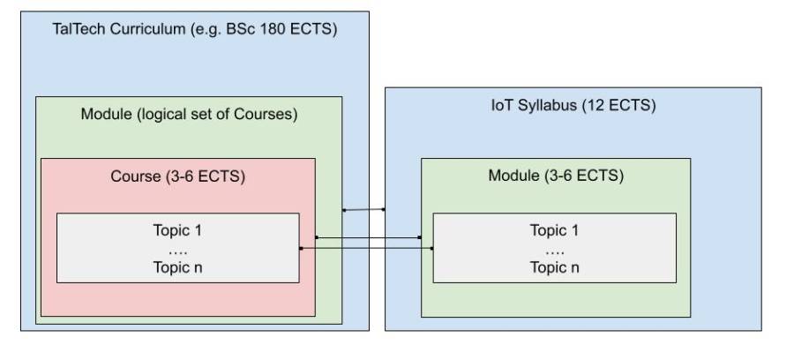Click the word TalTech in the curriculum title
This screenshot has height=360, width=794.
click(x=78, y=29)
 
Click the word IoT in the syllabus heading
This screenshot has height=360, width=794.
click(x=500, y=106)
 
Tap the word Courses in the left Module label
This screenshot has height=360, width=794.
click(x=263, y=115)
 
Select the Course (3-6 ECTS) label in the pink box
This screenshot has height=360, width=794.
click(x=177, y=176)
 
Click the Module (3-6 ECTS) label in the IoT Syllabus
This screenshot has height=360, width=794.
click(x=556, y=176)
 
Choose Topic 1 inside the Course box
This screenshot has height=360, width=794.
click(x=177, y=231)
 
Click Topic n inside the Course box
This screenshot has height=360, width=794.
click(x=177, y=266)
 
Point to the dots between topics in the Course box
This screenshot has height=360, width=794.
click(x=177, y=249)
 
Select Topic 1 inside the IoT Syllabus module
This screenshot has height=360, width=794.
click(x=555, y=231)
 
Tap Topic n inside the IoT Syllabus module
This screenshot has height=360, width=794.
click(x=555, y=266)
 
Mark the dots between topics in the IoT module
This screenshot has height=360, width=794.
click(x=555, y=249)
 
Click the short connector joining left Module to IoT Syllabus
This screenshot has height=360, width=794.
click(x=363, y=209)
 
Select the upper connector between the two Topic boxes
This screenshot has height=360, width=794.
click(x=368, y=237)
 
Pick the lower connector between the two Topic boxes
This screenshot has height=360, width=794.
click(x=366, y=249)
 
